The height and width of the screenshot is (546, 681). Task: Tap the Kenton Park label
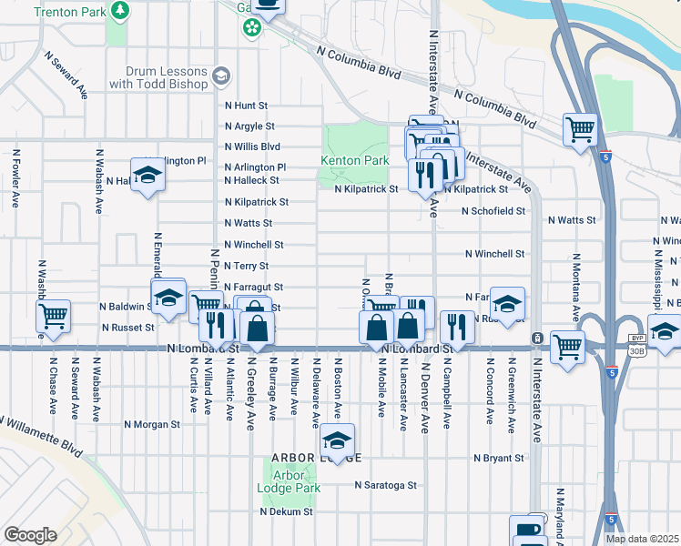click(x=354, y=160)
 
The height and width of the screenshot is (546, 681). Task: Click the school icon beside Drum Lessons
click(x=220, y=76)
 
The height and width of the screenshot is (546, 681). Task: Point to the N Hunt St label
click(x=246, y=106)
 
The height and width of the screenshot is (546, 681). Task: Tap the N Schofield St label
click(x=493, y=211)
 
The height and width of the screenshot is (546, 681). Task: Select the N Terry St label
click(x=246, y=266)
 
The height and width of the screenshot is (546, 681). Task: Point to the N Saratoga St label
click(x=385, y=486)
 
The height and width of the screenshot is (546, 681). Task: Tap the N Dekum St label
click(x=286, y=511)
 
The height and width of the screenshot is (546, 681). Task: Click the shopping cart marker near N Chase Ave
click(x=54, y=316)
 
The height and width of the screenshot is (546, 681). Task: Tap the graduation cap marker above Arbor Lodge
click(x=337, y=441)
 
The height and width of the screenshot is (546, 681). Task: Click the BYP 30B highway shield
click(x=635, y=340)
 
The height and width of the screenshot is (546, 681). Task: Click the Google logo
click(x=30, y=535)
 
